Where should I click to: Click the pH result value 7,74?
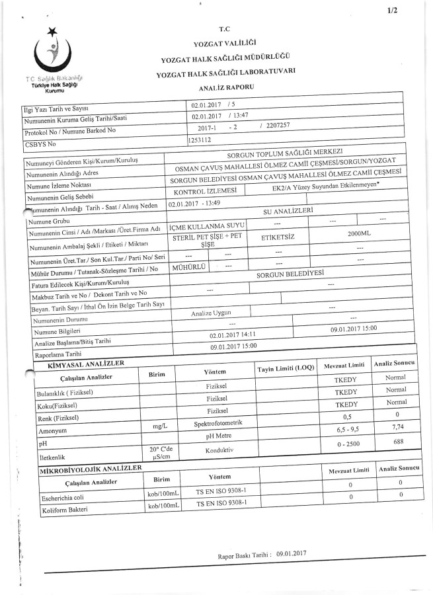(397, 427)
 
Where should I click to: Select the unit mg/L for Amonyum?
(161, 427)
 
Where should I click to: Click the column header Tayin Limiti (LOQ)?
(285, 367)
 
